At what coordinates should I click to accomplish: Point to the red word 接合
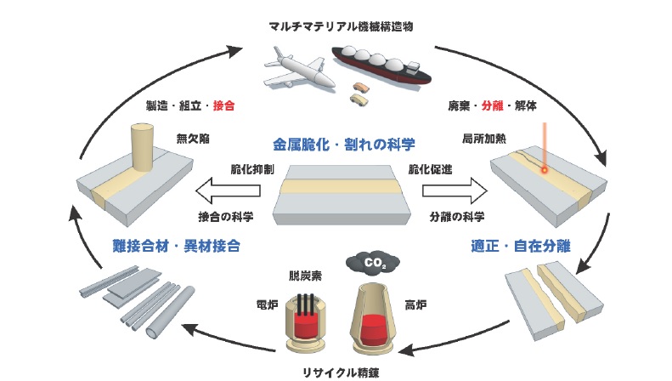(223, 107)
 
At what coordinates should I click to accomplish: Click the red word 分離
(492, 107)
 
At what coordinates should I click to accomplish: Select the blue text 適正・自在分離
(520, 247)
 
